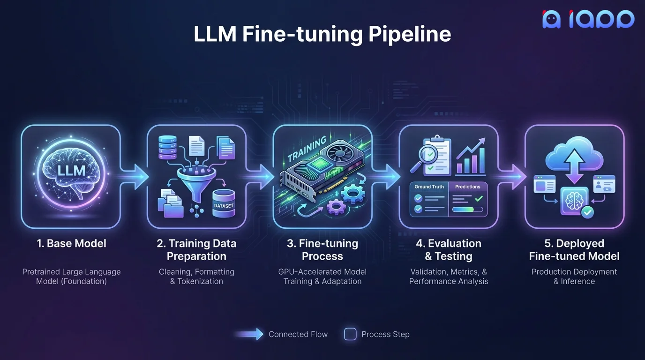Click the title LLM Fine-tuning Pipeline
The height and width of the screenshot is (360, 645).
(x=322, y=34)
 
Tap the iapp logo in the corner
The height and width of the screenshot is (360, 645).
(x=588, y=19)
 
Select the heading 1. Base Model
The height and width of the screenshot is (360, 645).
(x=71, y=243)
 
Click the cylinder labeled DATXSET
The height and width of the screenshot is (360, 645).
(x=224, y=204)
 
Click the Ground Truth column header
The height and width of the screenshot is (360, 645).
(x=429, y=187)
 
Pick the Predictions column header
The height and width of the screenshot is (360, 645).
(x=467, y=187)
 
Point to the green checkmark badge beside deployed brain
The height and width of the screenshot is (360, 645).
(x=587, y=212)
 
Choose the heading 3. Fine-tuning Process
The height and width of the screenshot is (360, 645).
(x=322, y=250)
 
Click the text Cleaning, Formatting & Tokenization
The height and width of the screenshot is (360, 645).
(x=196, y=277)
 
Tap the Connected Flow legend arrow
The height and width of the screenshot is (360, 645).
(x=250, y=334)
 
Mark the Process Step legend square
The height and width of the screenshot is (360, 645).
(x=350, y=334)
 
